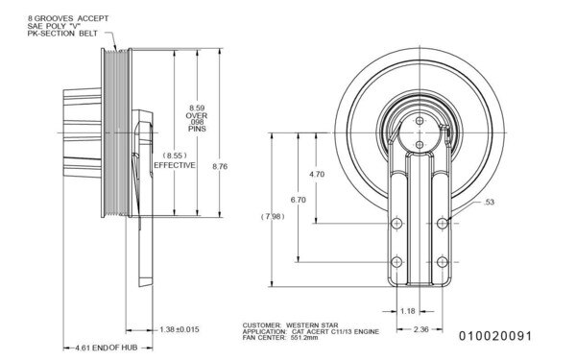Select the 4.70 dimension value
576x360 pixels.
[319, 174]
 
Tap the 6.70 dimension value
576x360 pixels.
[298, 201]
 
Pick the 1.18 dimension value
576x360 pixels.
[406, 310]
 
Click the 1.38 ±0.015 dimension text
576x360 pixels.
[180, 329]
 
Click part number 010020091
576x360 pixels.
[493, 336]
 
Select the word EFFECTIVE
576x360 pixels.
[175, 165]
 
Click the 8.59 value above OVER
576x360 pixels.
[197, 108]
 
